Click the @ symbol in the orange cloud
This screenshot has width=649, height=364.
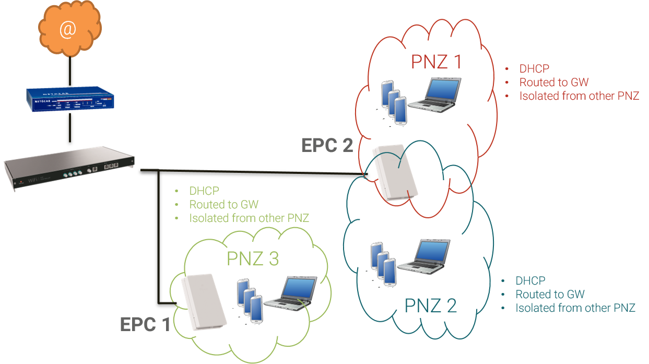[67, 30]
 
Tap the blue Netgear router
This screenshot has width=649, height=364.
[70, 99]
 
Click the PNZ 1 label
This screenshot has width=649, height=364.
[436, 62]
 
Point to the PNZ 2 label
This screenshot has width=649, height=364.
[431, 306]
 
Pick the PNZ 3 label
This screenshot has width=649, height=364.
[253, 259]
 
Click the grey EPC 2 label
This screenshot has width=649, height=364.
[327, 146]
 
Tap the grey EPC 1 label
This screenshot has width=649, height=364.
[145, 324]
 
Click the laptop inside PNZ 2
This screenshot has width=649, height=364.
[423, 256]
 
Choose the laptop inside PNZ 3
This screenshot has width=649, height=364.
[291, 294]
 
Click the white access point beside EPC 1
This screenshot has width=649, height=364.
[203, 301]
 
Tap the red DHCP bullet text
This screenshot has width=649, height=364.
[534, 68]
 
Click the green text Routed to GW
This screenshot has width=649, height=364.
[223, 204]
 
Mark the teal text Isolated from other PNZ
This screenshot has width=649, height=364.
[575, 308]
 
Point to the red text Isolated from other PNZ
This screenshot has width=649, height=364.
[579, 96]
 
